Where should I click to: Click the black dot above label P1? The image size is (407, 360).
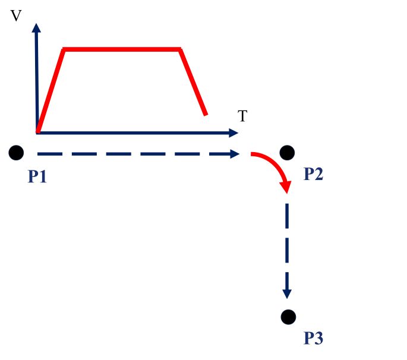click(16, 153)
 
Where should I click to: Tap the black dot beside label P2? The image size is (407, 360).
click(287, 153)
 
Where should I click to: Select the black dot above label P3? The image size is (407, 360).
click(288, 317)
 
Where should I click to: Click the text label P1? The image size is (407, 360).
click(37, 176)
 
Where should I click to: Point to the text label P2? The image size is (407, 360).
click(313, 173)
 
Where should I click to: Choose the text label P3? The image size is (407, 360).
click(313, 338)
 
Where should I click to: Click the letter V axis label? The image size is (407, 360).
click(16, 15)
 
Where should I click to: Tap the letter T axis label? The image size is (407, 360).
click(242, 116)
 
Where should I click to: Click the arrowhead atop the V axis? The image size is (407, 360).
click(36, 28)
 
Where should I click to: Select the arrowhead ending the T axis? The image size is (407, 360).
click(234, 133)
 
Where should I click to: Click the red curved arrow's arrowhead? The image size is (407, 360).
click(286, 187)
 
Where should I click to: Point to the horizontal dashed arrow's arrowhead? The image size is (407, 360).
click(235, 154)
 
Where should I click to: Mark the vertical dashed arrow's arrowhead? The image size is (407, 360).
click(287, 294)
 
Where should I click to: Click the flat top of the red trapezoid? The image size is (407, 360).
click(122, 49)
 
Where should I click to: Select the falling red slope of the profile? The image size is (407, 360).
click(193, 82)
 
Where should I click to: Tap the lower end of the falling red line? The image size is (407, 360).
click(206, 114)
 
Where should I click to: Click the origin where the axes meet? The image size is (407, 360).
click(37, 133)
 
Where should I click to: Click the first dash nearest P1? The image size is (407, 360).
click(50, 154)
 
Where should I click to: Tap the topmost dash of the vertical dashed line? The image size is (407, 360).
click(287, 216)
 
